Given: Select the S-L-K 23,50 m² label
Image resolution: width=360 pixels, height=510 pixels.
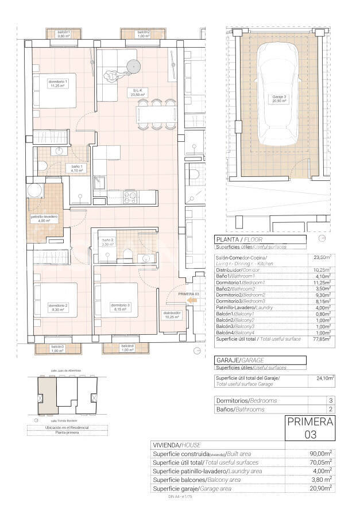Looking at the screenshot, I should (138, 94).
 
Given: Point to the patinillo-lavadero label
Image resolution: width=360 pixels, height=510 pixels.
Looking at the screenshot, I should (44, 219).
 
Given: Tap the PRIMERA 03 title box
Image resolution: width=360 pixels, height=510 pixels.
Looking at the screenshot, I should (310, 428).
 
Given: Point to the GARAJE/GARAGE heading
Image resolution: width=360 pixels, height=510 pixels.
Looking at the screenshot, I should (238, 360).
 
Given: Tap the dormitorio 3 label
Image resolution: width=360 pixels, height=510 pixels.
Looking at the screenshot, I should (119, 306).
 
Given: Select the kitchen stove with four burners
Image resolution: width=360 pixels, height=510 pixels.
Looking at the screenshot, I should (130, 196).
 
